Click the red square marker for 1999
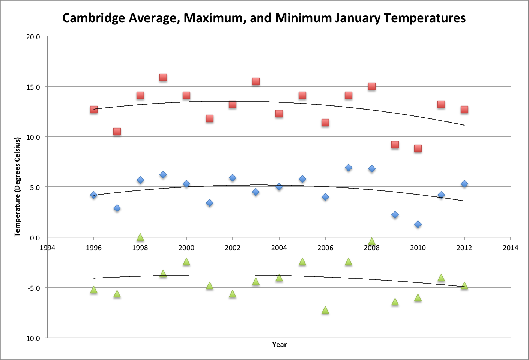(x=163, y=77)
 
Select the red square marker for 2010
(x=418, y=148)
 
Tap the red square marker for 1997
(x=117, y=132)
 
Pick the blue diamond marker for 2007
(x=348, y=168)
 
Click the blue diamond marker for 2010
(x=418, y=224)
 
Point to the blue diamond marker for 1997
(x=117, y=208)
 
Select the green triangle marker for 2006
(x=325, y=310)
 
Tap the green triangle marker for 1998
(x=140, y=237)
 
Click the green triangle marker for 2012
(x=464, y=286)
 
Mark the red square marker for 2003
(x=255, y=81)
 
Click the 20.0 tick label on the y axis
(x=33, y=37)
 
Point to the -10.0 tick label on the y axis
(x=32, y=338)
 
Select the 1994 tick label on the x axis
(x=47, y=247)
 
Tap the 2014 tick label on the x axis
(x=510, y=247)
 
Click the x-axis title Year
(x=279, y=344)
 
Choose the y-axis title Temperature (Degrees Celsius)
(x=17, y=187)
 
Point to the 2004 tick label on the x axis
(x=279, y=247)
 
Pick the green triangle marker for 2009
(x=395, y=302)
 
